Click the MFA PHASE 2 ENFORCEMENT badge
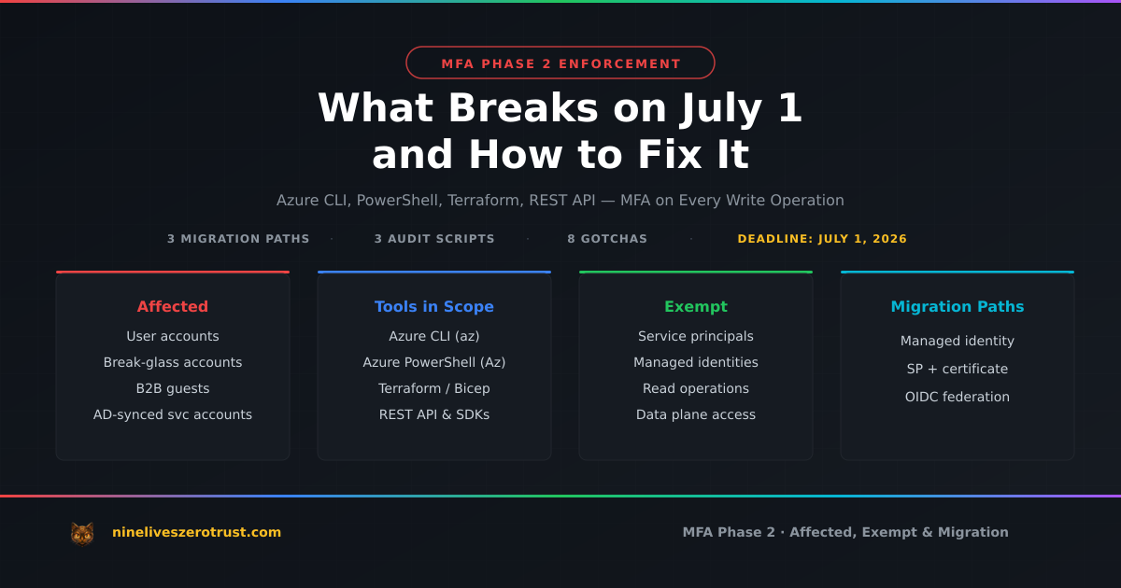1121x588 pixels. pos(560,63)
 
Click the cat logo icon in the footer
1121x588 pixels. pos(82,533)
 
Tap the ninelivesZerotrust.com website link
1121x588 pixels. pos(196,532)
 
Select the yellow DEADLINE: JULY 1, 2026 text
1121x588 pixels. pos(822,239)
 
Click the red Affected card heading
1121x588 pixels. pos(173,306)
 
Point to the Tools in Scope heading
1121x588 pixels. pos(434,306)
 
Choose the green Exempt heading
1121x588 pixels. pos(696,306)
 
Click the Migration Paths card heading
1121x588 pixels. pos(958,306)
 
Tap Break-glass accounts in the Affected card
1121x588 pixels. pos(173,362)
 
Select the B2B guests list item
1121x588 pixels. pos(173,388)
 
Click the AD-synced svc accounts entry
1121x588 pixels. pos(173,414)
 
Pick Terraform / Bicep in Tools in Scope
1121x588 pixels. pos(434,388)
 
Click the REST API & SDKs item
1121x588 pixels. pos(434,414)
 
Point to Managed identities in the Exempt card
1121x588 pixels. pos(696,362)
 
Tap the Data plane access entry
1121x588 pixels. pos(696,414)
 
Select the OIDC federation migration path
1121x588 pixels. pos(958,397)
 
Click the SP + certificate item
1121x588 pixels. pos(958,369)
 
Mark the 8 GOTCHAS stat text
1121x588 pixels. pos(607,239)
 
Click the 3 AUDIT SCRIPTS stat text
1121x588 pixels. pos(434,239)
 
